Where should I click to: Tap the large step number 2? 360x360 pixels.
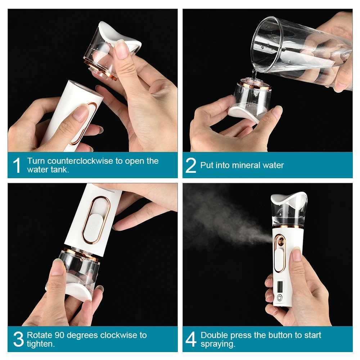point(191,165)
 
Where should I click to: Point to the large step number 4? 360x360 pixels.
point(191,339)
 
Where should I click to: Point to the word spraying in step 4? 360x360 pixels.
point(217,344)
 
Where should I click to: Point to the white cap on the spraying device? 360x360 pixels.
point(289,198)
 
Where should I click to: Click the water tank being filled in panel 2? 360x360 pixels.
point(252,99)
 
